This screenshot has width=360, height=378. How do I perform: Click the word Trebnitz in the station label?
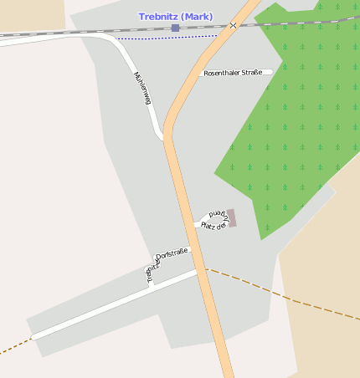coord(162,17)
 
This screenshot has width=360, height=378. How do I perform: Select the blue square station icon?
coord(175,28)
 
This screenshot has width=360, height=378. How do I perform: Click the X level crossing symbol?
coord(234,25)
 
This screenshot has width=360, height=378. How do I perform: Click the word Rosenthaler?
coord(222,73)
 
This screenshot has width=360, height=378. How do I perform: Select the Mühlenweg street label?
coord(142,88)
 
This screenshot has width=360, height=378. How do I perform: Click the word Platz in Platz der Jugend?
coord(208,226)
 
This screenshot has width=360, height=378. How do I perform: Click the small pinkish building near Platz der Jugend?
coord(232,217)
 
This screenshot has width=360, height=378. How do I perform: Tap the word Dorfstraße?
coord(173,253)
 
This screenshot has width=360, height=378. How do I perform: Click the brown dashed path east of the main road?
coord(285,294)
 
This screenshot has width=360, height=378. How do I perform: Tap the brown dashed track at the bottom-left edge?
coord(13,346)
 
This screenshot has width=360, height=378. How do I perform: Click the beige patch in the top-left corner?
coord(29,13)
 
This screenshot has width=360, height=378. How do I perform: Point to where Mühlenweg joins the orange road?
coord(164,137)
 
